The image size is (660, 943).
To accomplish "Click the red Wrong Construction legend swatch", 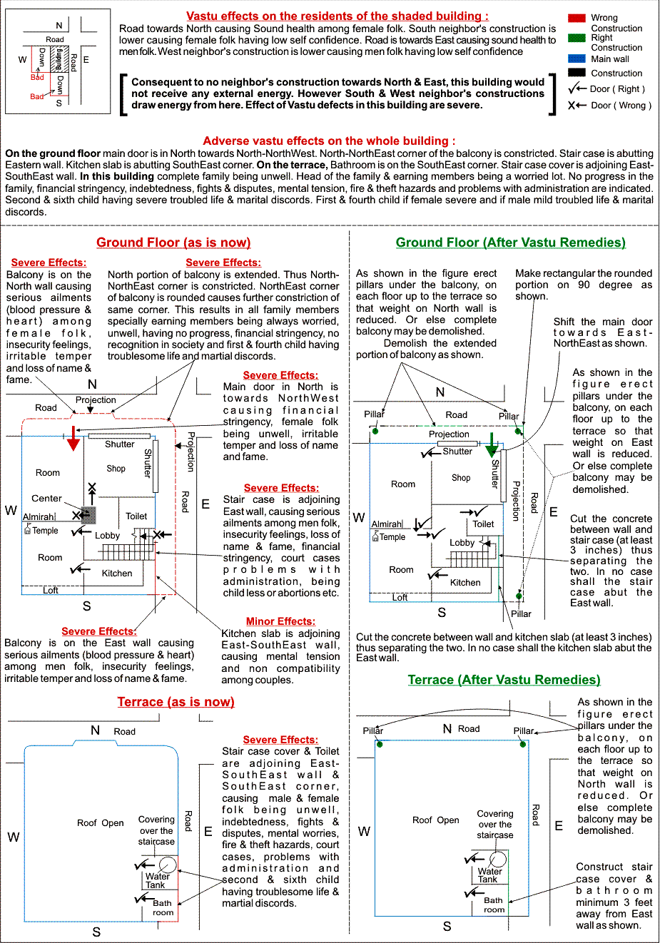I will point(577,18).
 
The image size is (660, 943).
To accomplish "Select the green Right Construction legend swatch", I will point(577,38).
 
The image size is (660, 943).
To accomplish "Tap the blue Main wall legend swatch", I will point(577,59).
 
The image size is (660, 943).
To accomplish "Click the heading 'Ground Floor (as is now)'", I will point(173,243).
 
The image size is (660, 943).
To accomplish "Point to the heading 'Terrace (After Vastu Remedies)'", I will point(504,680).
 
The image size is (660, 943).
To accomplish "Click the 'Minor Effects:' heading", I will point(280,621).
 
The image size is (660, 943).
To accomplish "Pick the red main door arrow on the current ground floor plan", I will point(73,438).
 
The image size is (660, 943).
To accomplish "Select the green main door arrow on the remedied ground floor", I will point(492,444).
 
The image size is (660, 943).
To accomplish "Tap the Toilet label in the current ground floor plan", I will point(136,516).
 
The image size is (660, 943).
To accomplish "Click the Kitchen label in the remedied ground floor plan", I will point(465,582).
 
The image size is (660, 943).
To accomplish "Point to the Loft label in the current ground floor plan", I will point(51,590).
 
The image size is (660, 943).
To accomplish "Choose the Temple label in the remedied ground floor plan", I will point(392,536).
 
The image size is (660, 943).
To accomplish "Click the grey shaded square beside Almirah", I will point(88,515).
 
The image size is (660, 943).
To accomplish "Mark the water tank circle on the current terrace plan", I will point(168,865).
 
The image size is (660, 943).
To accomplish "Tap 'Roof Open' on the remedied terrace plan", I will point(435,820).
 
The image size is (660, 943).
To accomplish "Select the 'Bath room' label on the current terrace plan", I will point(163,907).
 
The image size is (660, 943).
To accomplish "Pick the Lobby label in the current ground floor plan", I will point(107,535).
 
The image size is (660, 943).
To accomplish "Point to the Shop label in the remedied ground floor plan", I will point(461,478).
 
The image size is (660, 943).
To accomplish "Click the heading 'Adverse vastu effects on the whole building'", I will point(329,141).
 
